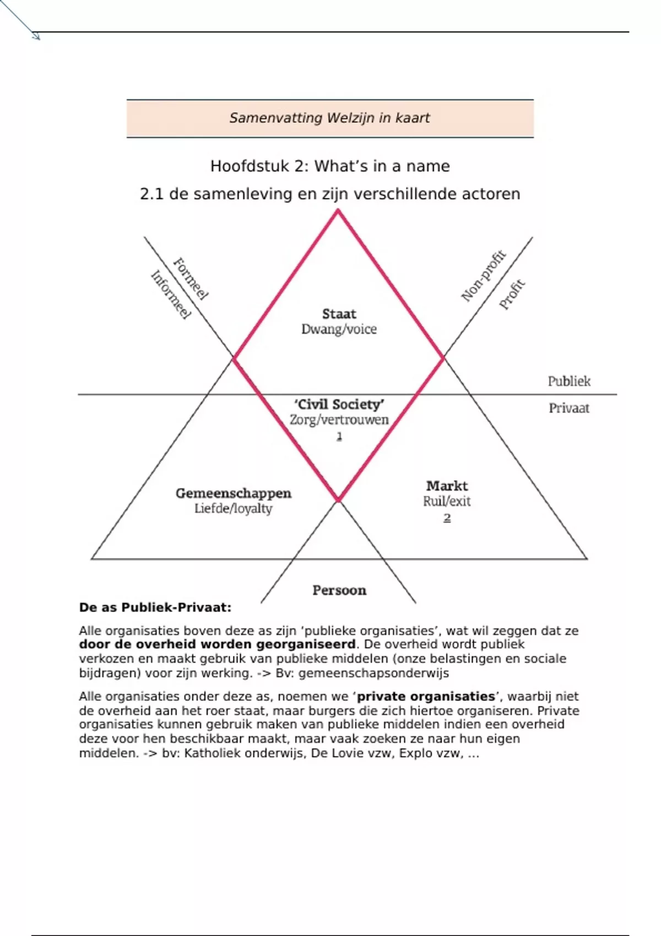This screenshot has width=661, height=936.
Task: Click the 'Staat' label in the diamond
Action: [x=339, y=314]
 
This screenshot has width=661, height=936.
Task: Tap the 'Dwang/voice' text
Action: [x=339, y=329]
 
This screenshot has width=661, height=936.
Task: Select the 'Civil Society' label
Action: [x=339, y=405]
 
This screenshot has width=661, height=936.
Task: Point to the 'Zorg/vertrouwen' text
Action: [x=339, y=420]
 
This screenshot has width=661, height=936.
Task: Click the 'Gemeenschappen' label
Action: [x=234, y=493]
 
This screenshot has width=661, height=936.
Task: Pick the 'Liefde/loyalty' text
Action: [x=234, y=508]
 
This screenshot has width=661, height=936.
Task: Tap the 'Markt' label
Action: [x=447, y=486]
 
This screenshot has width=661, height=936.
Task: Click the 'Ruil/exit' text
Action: [x=447, y=501]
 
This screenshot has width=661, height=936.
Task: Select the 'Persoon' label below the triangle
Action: [x=339, y=590]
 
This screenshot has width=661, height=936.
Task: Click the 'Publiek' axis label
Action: [x=569, y=381]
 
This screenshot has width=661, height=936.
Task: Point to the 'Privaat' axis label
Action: [x=569, y=408]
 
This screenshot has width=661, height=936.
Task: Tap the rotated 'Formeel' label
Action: [x=191, y=279]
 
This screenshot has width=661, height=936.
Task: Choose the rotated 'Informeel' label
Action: [x=171, y=295]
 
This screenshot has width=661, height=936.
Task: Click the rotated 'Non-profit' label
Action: [x=483, y=276]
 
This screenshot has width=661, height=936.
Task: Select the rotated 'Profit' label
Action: [x=512, y=295]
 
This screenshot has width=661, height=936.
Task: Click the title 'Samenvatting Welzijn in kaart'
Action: [x=329, y=118]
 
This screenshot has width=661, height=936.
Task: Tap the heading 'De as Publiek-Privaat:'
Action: [x=155, y=607]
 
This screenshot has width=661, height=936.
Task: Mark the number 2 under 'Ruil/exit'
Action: [x=447, y=518]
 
